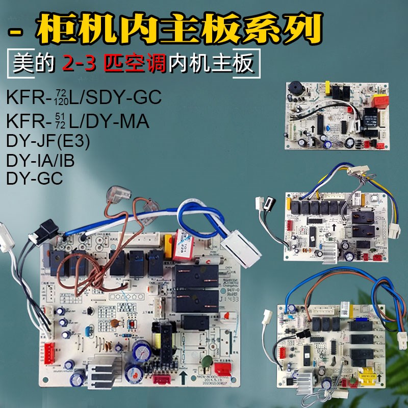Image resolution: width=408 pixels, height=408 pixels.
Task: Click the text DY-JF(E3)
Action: (x=48, y=142)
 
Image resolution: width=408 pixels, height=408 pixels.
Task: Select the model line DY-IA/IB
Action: (x=41, y=161)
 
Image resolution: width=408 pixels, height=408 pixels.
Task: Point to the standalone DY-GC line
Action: (x=35, y=178)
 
